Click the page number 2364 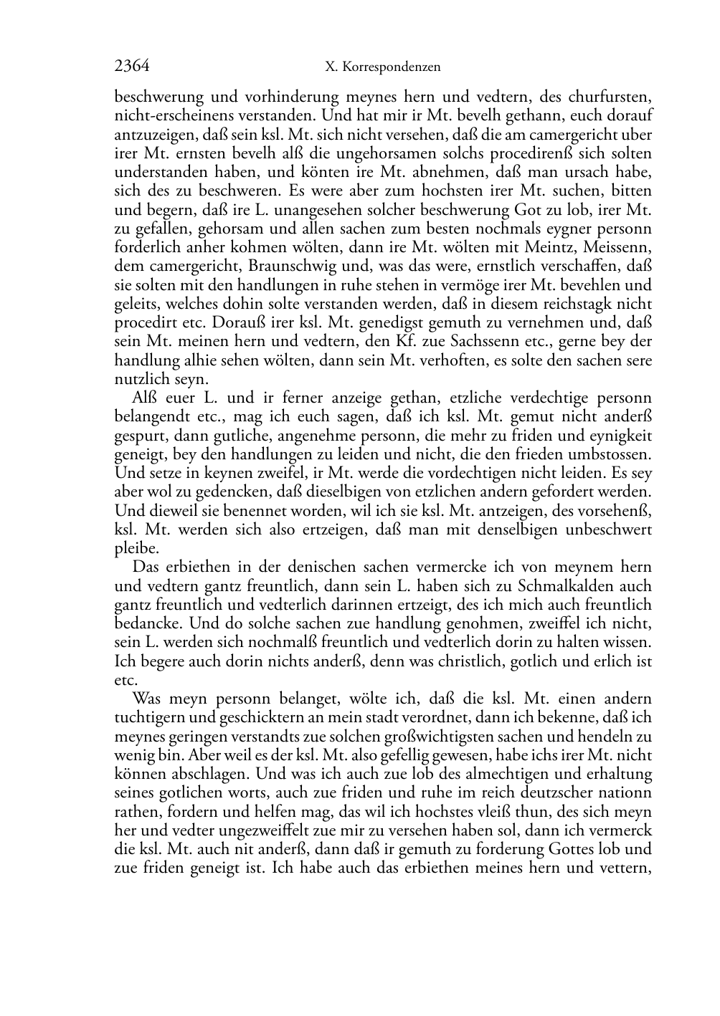(x=132, y=67)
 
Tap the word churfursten (x=611, y=97)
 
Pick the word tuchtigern (x=149, y=717)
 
